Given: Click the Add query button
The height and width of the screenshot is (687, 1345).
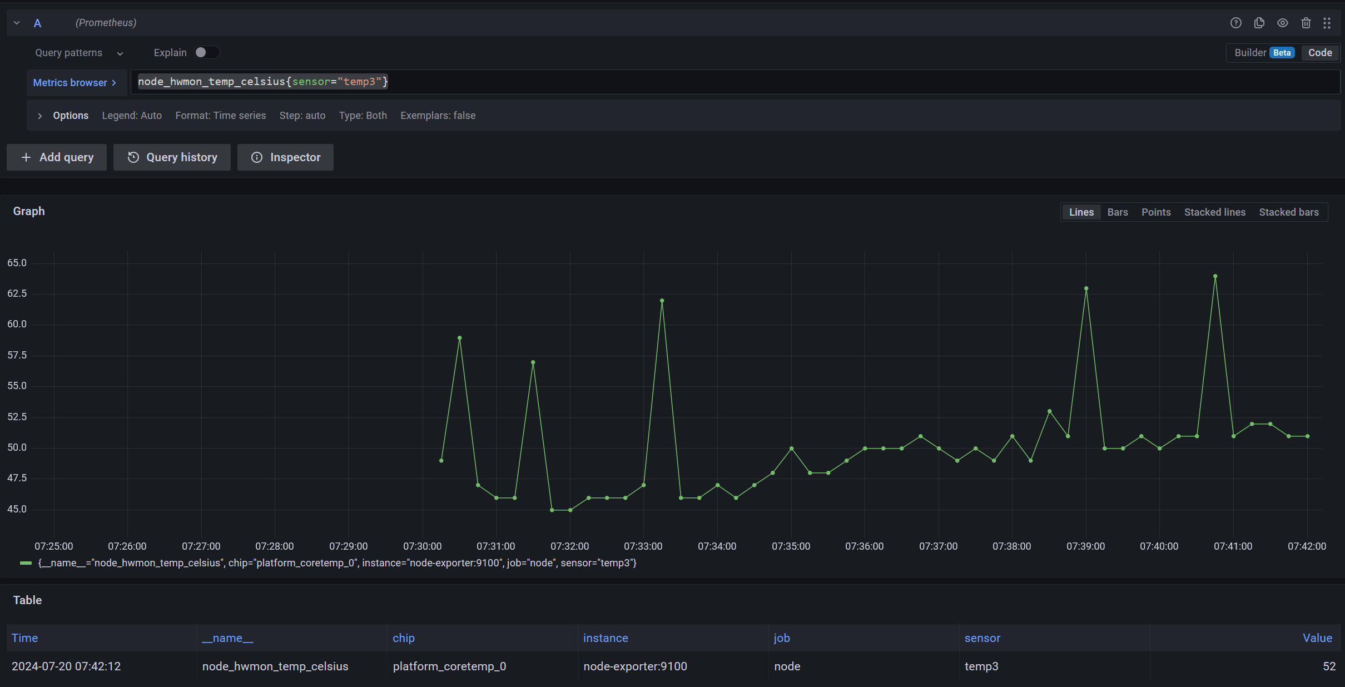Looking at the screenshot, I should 57,157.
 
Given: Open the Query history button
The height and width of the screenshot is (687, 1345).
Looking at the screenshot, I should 172,157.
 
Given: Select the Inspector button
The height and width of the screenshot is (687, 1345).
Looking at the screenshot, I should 285,157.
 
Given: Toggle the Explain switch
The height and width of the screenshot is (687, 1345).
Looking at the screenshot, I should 206,52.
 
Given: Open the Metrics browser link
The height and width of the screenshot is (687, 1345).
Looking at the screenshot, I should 75,82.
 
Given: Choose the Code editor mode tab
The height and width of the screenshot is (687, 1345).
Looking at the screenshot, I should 1319,53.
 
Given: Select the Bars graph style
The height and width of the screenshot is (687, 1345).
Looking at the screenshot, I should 1117,212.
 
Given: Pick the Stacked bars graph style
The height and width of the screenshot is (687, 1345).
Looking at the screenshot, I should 1288,212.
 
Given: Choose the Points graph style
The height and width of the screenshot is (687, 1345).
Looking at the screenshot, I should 1155,212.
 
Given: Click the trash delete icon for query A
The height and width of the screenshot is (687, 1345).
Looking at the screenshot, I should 1306,23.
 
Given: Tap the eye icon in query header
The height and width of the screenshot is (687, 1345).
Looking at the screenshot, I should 1282,23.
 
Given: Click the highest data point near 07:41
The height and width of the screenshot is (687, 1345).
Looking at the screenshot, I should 1215,276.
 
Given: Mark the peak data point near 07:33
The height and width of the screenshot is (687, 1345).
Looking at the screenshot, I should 662,301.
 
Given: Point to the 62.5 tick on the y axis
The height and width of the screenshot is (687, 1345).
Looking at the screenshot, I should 17,293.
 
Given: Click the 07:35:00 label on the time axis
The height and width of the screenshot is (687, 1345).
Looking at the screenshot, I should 791,546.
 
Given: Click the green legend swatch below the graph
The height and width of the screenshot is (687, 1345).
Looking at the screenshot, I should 26,563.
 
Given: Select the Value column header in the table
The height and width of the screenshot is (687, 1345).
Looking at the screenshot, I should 1317,638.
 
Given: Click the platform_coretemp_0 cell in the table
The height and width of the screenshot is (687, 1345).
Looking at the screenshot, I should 449,666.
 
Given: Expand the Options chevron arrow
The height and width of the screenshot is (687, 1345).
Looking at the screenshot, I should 40,116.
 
